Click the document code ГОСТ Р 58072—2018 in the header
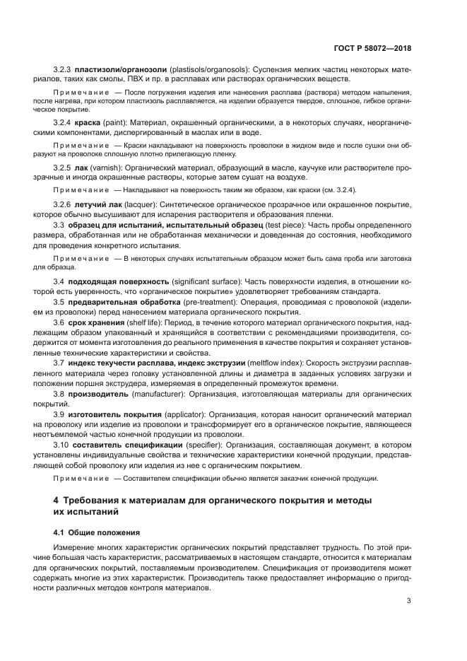tap(372, 48)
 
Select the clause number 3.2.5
tap(64, 168)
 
